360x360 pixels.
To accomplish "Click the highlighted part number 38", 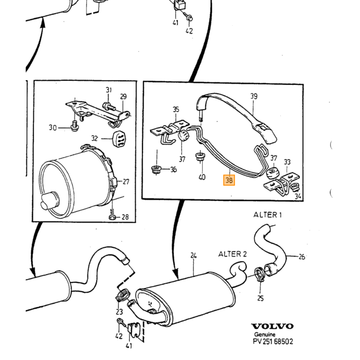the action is (229, 180).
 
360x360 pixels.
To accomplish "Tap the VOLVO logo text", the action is (273, 326).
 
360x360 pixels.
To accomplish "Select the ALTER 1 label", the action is (267, 215).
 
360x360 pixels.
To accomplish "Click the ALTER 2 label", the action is (232, 254).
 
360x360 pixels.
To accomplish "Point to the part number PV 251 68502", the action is (273, 341).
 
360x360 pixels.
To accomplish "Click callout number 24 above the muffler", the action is (193, 256).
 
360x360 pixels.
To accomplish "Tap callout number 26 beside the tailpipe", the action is (302, 257).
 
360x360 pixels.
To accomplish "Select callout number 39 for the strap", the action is (254, 96).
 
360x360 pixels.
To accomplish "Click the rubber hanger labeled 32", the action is (119, 139).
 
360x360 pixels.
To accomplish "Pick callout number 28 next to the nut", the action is (125, 217).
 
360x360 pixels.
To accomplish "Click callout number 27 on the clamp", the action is (126, 182).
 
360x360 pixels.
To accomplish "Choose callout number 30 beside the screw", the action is (53, 128).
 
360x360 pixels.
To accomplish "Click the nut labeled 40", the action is (201, 156).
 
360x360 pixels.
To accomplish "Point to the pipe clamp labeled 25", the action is (259, 274).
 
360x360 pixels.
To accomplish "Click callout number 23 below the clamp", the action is (119, 312).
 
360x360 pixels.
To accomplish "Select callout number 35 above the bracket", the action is (176, 109).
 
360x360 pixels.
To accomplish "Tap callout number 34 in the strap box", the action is (298, 196).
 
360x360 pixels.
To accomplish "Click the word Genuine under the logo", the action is (264, 334).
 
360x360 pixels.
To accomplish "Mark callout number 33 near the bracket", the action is (287, 162).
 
